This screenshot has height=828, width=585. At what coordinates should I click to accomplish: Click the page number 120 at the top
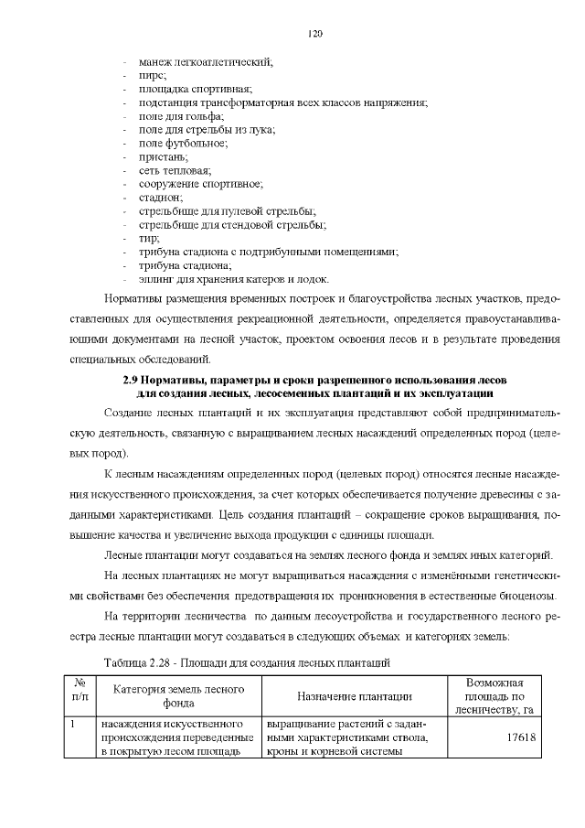pos(315,34)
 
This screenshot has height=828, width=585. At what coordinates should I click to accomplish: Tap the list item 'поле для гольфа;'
pos(181,116)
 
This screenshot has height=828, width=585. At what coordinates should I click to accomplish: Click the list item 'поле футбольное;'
pos(183,143)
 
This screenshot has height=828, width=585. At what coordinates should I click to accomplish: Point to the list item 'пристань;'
pos(162,156)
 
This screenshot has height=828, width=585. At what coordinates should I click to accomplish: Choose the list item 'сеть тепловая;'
pos(175,170)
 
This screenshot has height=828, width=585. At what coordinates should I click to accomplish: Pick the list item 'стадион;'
pos(161,198)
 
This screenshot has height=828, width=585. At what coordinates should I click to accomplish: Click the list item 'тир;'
pos(149,238)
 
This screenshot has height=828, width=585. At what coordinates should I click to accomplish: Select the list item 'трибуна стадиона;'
pos(185,265)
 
